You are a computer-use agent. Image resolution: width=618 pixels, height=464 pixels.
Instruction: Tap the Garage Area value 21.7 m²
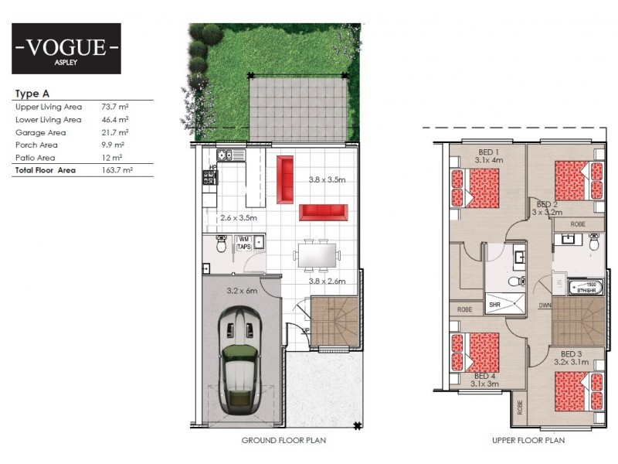point(115,132)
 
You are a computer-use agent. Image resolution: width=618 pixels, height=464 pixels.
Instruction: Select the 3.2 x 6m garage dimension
point(241,292)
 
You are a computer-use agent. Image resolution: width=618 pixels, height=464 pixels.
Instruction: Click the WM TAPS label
point(244,243)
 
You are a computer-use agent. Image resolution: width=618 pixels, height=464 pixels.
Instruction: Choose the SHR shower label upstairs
point(494,305)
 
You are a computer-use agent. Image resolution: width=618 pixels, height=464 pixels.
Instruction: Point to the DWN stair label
point(545,305)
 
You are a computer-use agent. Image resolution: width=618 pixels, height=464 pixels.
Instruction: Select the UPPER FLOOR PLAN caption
point(528,441)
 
